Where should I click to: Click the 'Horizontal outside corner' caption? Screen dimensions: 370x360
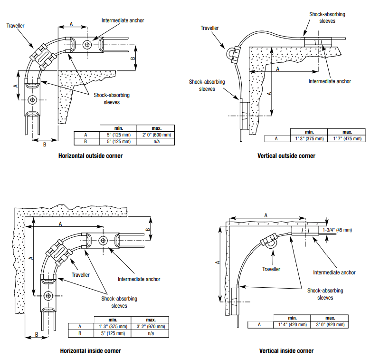(x=90, y=156)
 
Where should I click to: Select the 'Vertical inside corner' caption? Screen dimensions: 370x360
(x=286, y=351)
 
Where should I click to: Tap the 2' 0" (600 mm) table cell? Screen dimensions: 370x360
(x=156, y=135)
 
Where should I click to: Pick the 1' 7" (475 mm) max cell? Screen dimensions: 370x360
(x=347, y=139)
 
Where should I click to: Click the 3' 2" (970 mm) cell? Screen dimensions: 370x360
(x=151, y=327)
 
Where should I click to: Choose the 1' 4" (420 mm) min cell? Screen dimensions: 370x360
(x=293, y=325)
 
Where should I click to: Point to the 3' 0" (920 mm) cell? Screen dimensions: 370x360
(x=330, y=325)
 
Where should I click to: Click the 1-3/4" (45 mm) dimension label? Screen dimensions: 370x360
(x=337, y=230)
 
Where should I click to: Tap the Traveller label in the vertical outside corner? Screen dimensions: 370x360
(x=209, y=28)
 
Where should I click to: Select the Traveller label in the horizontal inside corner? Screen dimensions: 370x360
(x=80, y=275)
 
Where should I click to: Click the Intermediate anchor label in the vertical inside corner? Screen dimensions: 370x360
(x=334, y=272)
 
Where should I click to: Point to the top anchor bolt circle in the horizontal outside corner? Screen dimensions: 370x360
(x=87, y=44)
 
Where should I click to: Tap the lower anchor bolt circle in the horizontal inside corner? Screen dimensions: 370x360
(x=48, y=296)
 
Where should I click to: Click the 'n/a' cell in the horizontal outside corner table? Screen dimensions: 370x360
(x=156, y=142)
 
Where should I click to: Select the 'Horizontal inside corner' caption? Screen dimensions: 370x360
(x=90, y=351)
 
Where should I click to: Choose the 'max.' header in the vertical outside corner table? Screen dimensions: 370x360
(x=347, y=132)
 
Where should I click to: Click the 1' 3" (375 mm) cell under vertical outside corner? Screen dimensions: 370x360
(x=309, y=139)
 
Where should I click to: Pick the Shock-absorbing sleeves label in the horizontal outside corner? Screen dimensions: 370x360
(x=112, y=99)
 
